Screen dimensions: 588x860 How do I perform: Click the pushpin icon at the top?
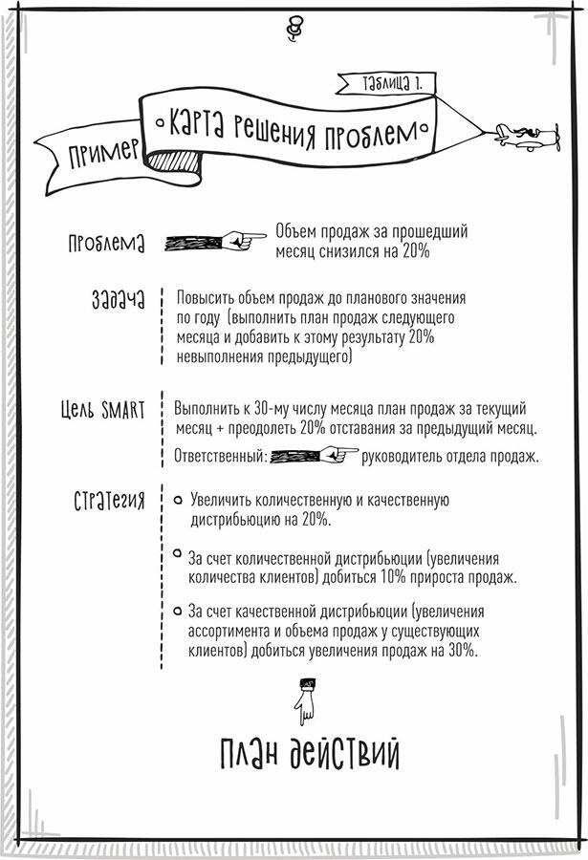click(x=294, y=29)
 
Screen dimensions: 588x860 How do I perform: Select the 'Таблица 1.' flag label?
click(x=392, y=83)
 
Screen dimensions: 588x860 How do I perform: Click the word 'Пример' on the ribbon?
click(x=102, y=153)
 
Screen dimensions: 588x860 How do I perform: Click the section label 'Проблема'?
click(x=106, y=243)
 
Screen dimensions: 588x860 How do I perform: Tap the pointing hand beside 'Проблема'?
click(x=215, y=241)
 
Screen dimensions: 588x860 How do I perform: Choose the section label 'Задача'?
click(x=118, y=299)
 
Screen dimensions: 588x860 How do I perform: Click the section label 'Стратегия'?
click(x=109, y=500)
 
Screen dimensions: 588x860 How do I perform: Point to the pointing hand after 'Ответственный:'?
click(x=315, y=455)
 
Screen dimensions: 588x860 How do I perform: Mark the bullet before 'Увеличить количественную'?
click(x=177, y=500)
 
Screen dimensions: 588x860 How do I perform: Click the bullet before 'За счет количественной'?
click(x=177, y=553)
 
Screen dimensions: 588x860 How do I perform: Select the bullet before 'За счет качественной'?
click(x=177, y=611)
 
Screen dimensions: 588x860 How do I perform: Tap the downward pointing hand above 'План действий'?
click(x=305, y=701)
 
